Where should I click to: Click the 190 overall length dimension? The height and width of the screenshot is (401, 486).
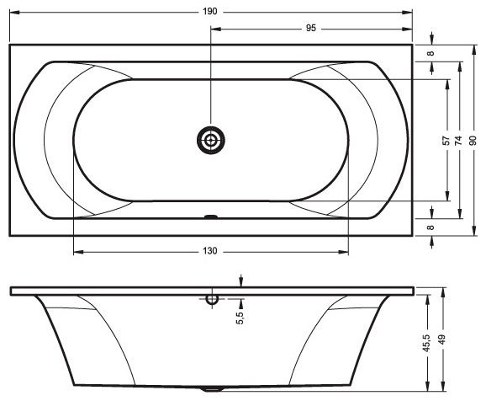pos(210,12)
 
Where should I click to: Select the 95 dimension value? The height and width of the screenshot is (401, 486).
pos(311,28)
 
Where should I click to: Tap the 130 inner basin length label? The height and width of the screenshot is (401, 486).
pos(210,251)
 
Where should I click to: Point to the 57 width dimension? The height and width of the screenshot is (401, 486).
pos(446,141)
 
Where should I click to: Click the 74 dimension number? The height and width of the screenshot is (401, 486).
pos(458,141)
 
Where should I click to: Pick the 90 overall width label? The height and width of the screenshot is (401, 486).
pos(473,141)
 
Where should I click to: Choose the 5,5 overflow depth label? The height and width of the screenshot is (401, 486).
pos(240,318)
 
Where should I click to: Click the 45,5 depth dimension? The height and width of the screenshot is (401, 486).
pos(427,343)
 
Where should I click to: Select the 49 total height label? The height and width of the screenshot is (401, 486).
pos(442,339)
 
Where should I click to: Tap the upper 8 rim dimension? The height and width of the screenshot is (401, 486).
pos(431,53)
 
